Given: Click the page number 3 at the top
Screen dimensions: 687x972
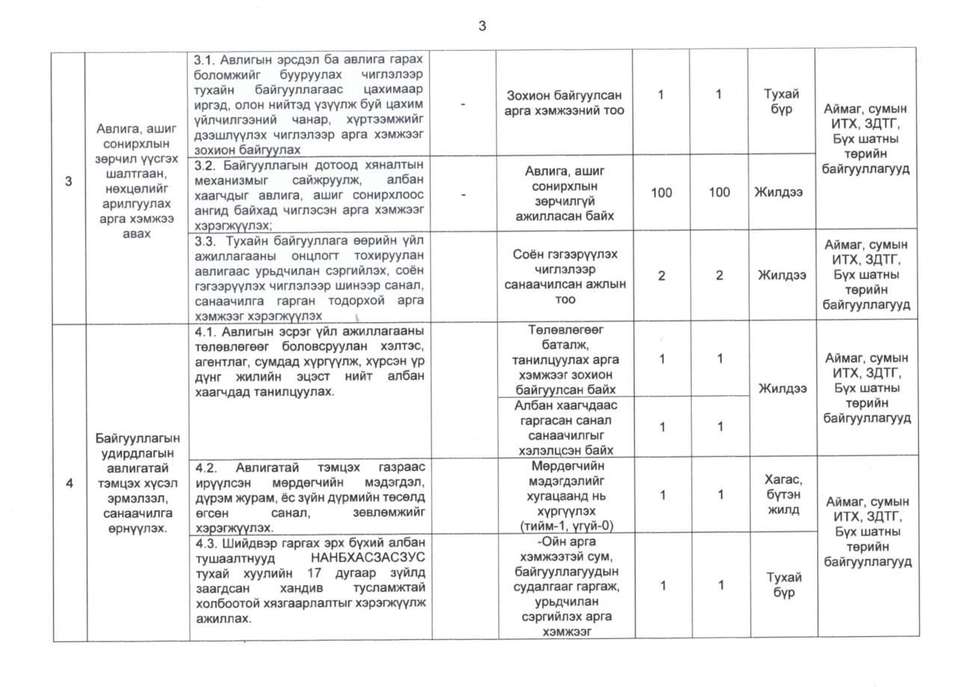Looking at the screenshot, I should (482, 26).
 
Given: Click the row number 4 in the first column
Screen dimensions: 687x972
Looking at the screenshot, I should (70, 483).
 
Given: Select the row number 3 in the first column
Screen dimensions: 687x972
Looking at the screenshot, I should (69, 182).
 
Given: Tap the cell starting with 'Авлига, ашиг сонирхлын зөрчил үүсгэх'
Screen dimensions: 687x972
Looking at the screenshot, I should (138, 181).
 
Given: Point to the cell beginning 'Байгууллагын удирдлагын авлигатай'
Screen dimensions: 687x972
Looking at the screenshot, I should (138, 482).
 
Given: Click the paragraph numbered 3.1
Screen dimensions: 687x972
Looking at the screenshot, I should (309, 104).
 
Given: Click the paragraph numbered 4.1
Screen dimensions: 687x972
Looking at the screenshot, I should (309, 361).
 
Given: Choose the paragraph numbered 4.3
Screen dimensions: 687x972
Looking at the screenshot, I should (309, 581).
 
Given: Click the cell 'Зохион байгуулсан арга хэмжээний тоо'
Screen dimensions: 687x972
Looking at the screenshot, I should (565, 103).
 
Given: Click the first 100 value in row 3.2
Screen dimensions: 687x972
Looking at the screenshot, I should (661, 193).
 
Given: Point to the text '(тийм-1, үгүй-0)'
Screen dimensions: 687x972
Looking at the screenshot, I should (565, 526).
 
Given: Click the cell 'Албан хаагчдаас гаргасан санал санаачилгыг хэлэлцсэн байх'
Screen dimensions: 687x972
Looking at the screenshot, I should (565, 428).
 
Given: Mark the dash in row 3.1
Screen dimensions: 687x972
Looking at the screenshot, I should (464, 103).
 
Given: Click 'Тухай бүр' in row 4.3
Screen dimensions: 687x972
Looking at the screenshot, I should (784, 585).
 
